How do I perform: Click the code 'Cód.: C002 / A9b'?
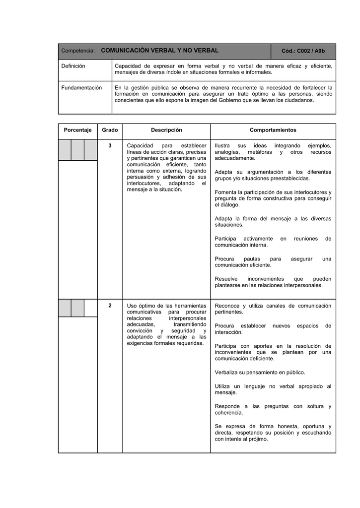303,51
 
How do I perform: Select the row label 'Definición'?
73,66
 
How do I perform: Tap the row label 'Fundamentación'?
81,88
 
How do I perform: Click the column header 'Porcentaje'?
77,130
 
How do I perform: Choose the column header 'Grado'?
110,130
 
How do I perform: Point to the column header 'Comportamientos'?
273,130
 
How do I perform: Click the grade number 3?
110,145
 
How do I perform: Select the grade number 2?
110,306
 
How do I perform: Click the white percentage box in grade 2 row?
90,308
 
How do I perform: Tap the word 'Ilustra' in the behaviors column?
222,145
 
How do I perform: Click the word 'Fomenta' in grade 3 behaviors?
225,192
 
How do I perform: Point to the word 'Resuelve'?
226,279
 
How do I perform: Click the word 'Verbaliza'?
226,372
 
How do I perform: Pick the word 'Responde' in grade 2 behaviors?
227,406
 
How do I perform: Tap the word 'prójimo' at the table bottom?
257,439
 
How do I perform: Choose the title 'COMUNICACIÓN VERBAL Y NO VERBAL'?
159,51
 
